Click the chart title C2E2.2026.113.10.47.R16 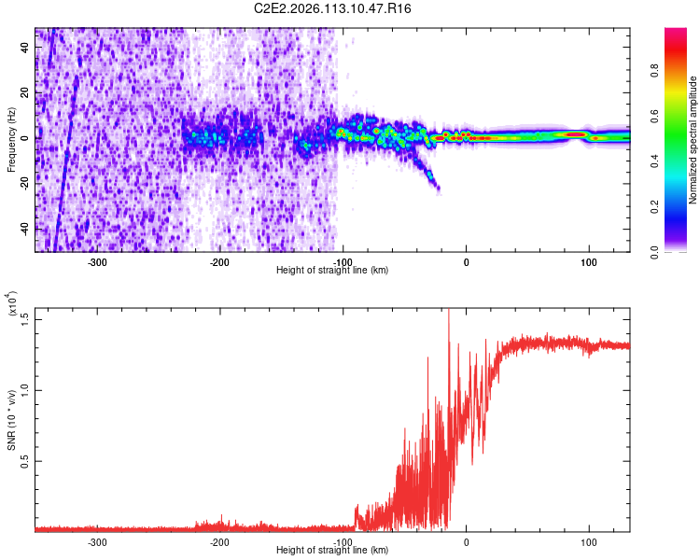333,8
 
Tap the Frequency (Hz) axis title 11,140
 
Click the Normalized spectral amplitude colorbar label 693,140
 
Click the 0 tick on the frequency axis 28,138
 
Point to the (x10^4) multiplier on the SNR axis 12,304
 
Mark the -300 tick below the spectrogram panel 98,262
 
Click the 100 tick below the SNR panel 589,541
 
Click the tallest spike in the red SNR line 449,311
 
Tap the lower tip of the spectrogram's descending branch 436,189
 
